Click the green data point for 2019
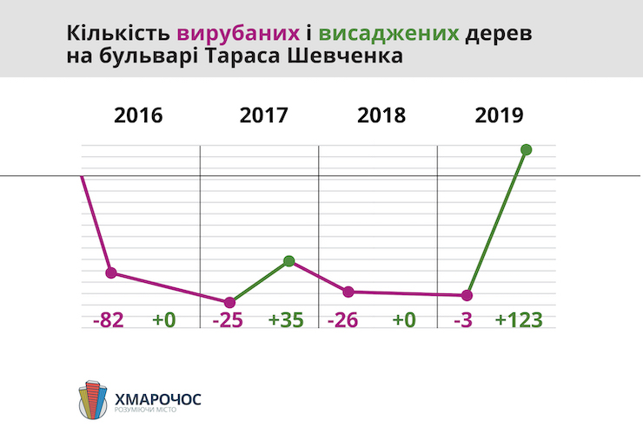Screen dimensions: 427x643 (x=526, y=149)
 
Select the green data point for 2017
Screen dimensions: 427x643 (x=289, y=260)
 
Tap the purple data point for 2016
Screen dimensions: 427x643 (x=111, y=273)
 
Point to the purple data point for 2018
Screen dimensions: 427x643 (x=348, y=292)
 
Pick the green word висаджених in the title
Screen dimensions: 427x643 (x=388, y=35)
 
